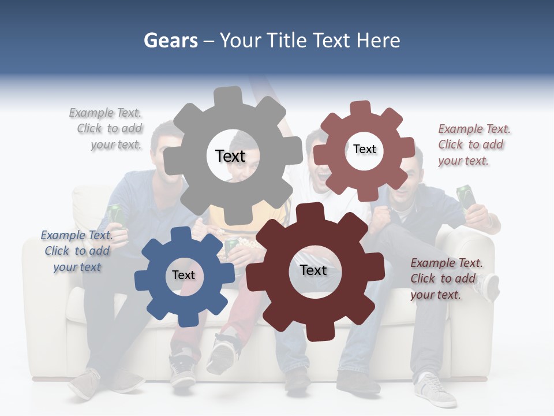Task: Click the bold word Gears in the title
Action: pos(171,40)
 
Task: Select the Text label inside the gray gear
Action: pos(230,156)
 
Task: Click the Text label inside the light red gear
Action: pos(364,149)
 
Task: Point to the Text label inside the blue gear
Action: pos(184,276)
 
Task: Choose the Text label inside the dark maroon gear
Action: pos(313,270)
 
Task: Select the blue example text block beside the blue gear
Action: pos(77,251)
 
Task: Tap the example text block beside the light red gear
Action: pos(473,145)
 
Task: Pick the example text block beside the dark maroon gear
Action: pos(446,279)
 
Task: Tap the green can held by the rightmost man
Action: pos(466,196)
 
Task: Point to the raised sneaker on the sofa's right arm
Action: pos(490,287)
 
